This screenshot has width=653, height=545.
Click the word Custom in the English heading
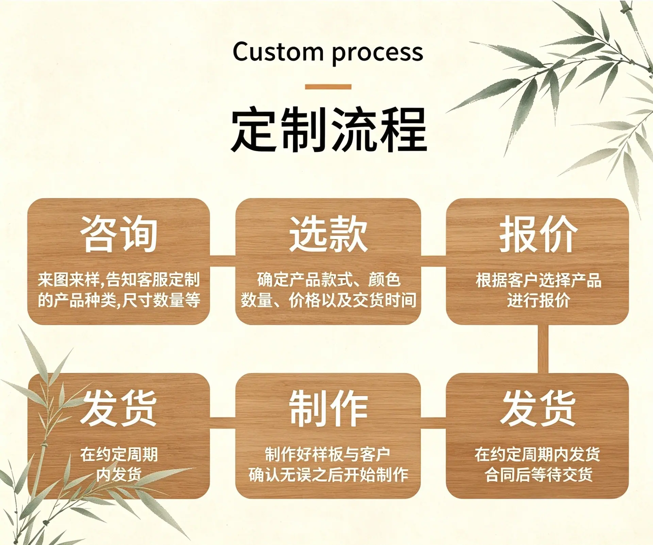coord(278,52)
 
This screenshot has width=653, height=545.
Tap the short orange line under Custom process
coord(328,87)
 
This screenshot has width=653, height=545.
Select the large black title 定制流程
coord(329,129)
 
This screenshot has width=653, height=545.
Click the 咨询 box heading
coord(119,234)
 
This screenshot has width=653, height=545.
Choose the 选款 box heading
coord(328,234)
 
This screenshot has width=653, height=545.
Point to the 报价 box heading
coord(538,234)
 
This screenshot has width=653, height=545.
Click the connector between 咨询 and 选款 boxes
coord(222,261)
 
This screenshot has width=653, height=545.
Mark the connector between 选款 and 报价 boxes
coord(433,261)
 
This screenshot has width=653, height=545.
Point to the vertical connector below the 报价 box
coord(543,349)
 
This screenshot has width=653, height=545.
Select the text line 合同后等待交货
coord(538,475)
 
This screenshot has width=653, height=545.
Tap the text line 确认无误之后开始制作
coord(328,475)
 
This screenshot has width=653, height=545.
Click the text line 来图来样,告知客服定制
coord(119,280)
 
